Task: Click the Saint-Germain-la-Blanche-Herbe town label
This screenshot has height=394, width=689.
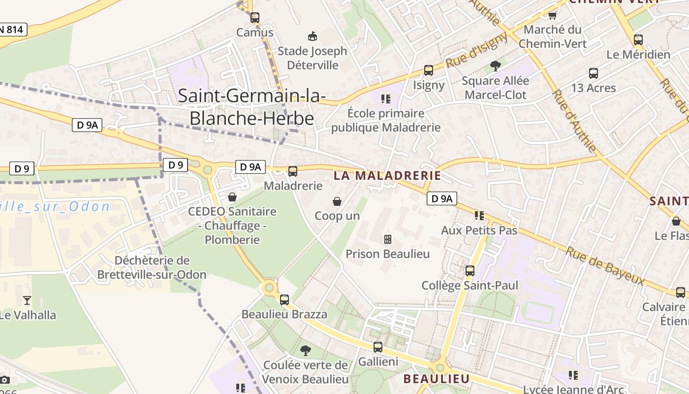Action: pyautogui.click(x=251, y=107)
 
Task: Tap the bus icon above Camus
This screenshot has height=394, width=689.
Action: pyautogui.click(x=254, y=17)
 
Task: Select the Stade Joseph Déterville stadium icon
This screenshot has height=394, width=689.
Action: pyautogui.click(x=312, y=36)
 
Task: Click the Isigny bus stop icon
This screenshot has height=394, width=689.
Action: pyautogui.click(x=429, y=70)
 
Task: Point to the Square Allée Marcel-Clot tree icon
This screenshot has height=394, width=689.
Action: pyautogui.click(x=495, y=66)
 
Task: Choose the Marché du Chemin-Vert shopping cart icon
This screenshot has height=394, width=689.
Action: pyautogui.click(x=553, y=15)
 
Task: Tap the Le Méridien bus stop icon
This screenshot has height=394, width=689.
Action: pyautogui.click(x=638, y=40)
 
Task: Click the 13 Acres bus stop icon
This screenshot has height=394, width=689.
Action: pyautogui.click(x=594, y=73)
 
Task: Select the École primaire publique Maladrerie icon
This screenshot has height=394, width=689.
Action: pyautogui.click(x=386, y=99)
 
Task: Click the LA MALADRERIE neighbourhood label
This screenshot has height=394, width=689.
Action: pyautogui.click(x=387, y=175)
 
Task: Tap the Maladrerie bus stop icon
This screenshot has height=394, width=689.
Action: pyautogui.click(x=293, y=171)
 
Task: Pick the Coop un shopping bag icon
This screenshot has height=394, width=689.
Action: pyautogui.click(x=337, y=201)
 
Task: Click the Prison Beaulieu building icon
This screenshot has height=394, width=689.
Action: pyautogui.click(x=388, y=239)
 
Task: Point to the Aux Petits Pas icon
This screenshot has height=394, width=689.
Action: pyautogui.click(x=479, y=215)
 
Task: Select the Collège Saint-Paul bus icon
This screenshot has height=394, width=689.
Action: pyautogui.click(x=470, y=270)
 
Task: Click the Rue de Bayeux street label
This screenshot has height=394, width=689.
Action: pyautogui.click(x=605, y=265)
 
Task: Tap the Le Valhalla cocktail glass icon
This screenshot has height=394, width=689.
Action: pyautogui.click(x=27, y=300)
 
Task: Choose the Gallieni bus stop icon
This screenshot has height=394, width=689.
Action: pyautogui.click(x=377, y=347)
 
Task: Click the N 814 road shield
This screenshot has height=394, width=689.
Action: pyautogui.click(x=12, y=30)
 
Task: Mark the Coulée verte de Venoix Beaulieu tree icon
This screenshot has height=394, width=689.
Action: pyautogui.click(x=306, y=350)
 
